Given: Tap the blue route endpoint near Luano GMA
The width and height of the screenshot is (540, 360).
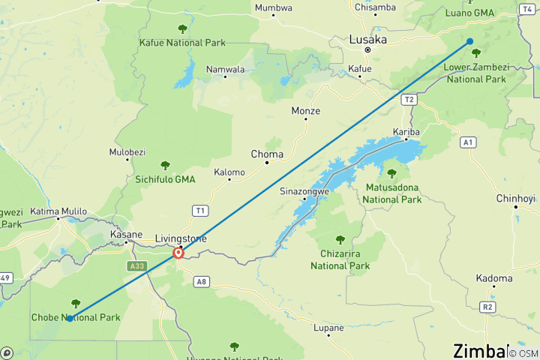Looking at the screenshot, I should [470, 41].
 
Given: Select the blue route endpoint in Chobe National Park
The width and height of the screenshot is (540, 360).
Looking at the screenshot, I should [69, 319].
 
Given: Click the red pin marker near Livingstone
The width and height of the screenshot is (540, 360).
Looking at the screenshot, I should [178, 253].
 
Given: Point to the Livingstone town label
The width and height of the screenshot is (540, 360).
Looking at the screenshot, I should [180, 238].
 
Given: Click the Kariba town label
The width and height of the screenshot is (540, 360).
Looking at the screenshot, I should [406, 132].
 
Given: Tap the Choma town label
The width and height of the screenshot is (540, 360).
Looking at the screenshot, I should [267, 154].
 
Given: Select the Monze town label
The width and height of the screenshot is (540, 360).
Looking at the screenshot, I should [305, 111].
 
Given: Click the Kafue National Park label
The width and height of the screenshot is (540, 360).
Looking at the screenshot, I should [182, 43].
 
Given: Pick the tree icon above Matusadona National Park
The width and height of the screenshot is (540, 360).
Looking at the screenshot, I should [391, 173].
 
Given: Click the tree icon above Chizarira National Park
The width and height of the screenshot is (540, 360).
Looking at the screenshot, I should [340, 240].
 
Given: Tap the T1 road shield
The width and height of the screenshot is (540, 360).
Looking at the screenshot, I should [199, 211].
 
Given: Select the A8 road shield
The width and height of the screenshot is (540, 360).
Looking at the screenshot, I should [201, 282].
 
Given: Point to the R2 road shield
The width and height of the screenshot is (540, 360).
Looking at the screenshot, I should [488, 307].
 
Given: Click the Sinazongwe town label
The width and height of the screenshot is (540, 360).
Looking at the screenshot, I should [304, 190].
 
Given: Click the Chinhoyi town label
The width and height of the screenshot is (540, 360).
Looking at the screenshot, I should [515, 198].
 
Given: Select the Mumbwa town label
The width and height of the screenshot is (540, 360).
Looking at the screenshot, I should [274, 7].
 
